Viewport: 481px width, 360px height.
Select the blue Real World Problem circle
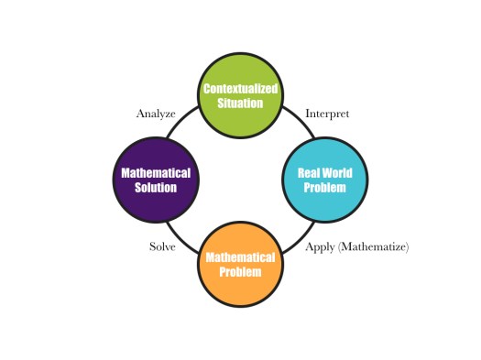pos(326,180)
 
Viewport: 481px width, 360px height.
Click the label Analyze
pos(156,114)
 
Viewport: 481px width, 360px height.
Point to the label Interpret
pos(326,114)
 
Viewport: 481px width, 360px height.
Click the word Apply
pos(320,247)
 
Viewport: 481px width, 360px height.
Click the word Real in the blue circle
pos(308,173)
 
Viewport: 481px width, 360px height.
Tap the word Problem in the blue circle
pos(326,188)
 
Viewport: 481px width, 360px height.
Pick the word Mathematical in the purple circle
pos(156,173)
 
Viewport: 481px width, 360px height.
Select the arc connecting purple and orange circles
pos(183,236)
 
